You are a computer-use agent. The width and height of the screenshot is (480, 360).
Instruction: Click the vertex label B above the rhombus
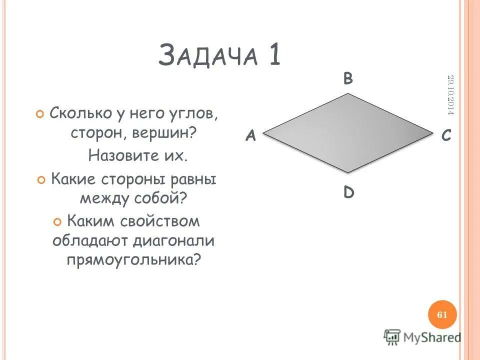(348, 79)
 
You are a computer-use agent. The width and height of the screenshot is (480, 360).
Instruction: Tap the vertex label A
(250, 136)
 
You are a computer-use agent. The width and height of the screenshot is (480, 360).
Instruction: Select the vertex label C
(446, 136)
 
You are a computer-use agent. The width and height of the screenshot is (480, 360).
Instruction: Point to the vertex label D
(348, 192)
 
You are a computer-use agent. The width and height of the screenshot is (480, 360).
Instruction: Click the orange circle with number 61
(442, 314)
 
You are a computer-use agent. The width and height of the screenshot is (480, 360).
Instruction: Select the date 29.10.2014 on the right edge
(450, 95)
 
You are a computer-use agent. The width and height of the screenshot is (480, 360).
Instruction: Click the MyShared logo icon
(392, 337)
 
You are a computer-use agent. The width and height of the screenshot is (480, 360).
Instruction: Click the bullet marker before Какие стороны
(42, 179)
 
